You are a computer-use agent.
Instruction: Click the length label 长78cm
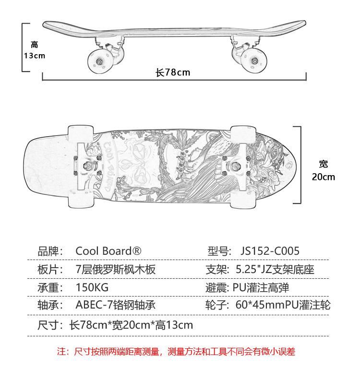point(173,72)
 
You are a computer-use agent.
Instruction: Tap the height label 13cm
point(34,56)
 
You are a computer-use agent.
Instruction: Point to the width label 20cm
point(324,177)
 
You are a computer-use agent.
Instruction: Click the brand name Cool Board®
point(108,251)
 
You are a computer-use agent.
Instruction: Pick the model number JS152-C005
point(270,251)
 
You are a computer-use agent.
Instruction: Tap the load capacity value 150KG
point(92,287)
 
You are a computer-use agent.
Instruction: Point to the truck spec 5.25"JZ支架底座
point(275,269)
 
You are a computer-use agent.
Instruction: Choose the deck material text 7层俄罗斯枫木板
point(116,269)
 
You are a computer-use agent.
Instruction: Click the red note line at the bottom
point(176,352)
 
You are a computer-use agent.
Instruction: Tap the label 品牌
point(50,251)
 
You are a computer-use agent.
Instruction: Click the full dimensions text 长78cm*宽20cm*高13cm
point(131,325)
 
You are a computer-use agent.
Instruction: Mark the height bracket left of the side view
point(23,47)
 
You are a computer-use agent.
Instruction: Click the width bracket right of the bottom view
point(300,166)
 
